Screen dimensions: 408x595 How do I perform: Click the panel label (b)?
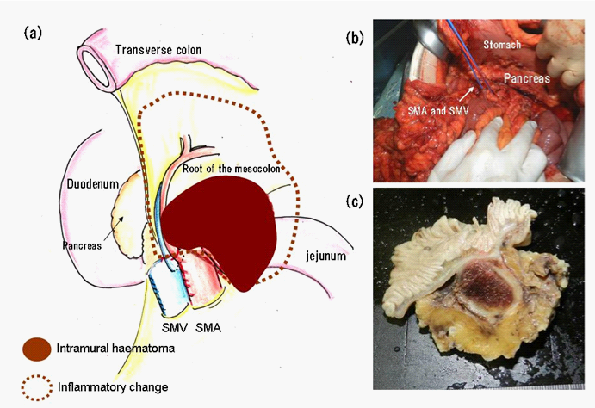coord(355,38)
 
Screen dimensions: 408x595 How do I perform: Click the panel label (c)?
coord(355,203)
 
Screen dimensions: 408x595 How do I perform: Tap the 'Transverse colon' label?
coord(158,51)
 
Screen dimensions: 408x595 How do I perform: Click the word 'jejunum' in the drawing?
coord(322,255)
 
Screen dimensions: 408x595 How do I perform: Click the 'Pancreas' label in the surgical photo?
coord(527,78)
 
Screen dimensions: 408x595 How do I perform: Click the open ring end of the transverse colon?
coord(94,63)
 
